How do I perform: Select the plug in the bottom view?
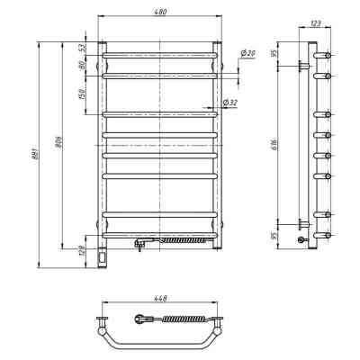(x=141, y=318)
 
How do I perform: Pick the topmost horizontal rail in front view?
(x=160, y=56)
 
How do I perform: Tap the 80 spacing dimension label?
(x=82, y=66)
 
